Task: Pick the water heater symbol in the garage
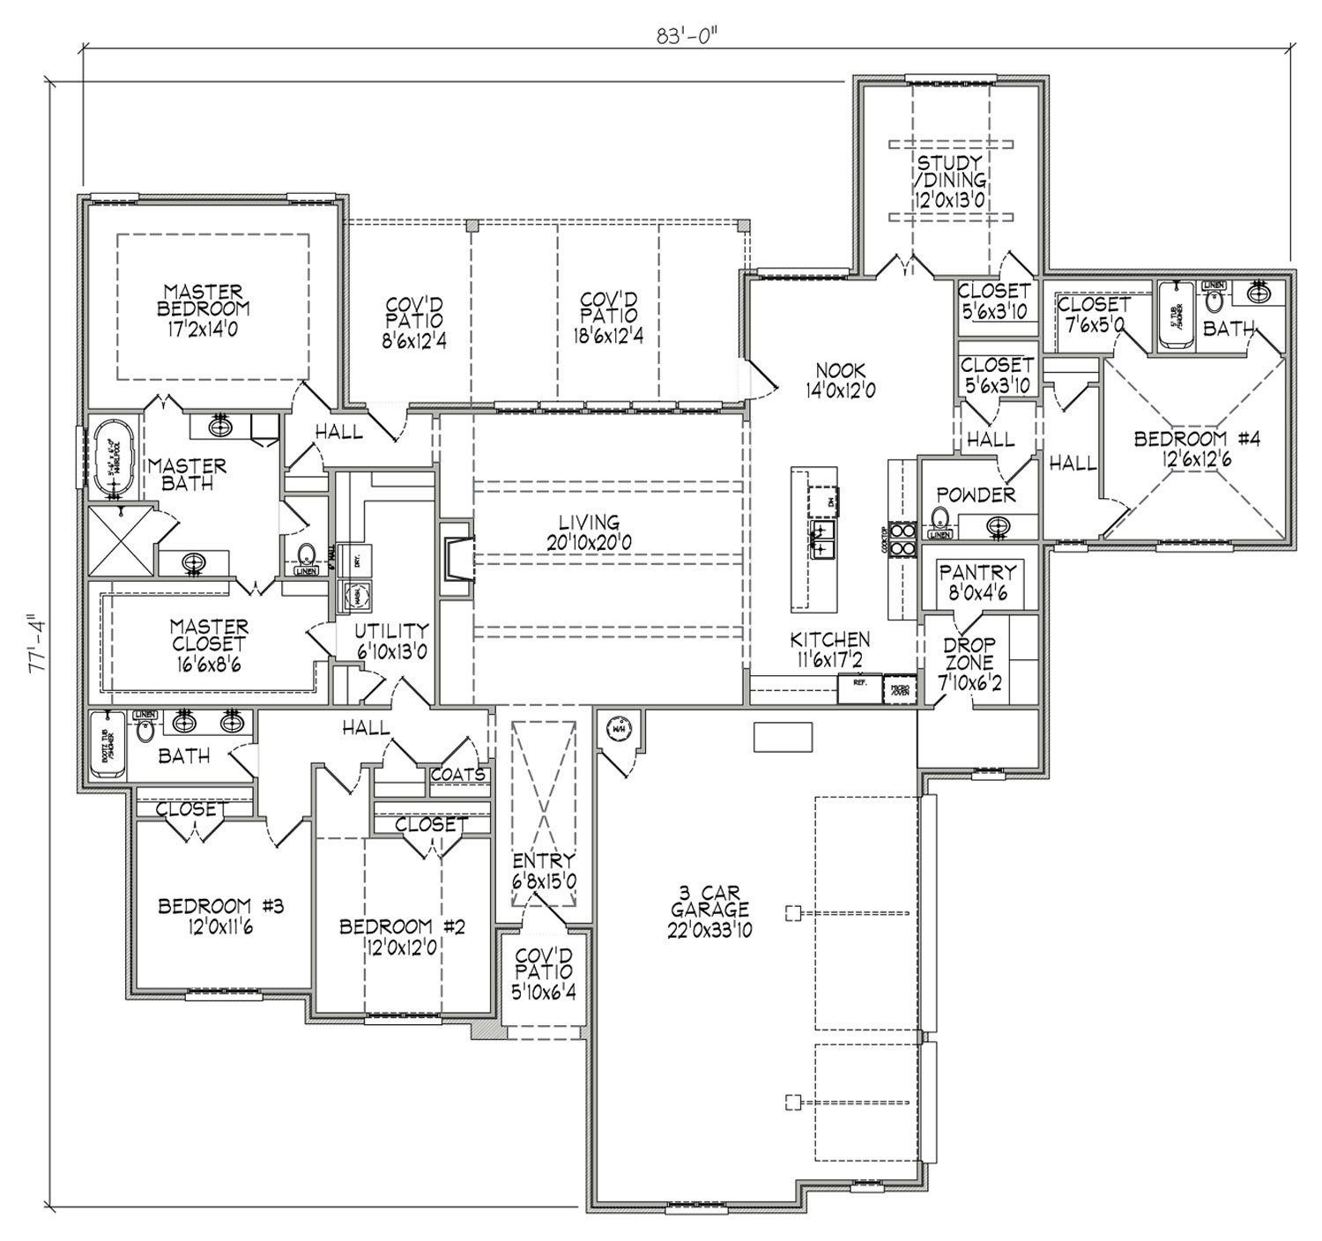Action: click(618, 729)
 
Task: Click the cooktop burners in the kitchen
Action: click(902, 540)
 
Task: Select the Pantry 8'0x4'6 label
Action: click(977, 582)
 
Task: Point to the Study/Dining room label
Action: click(949, 182)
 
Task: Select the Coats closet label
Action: click(457, 774)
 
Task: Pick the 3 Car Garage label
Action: click(709, 909)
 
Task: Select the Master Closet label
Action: click(209, 644)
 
